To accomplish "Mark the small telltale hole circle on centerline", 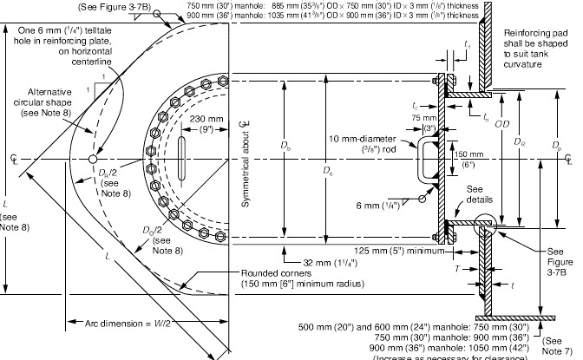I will pyautogui.click(x=102, y=160).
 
